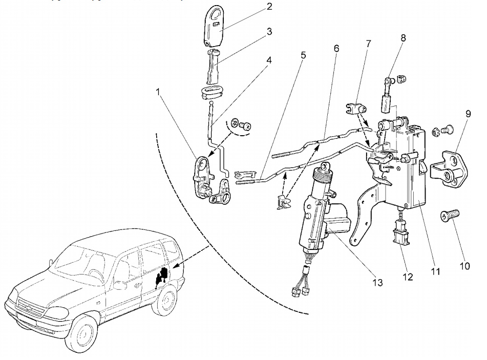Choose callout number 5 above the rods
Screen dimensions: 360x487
coord(303,54)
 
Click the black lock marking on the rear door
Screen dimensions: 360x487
coord(162,277)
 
